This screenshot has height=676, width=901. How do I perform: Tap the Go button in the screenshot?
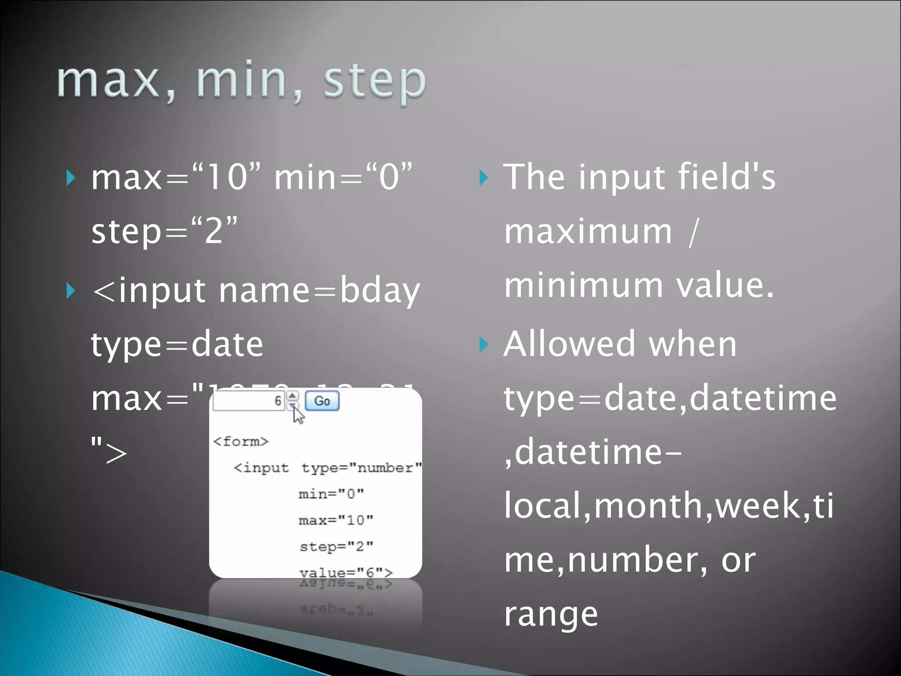[322, 401]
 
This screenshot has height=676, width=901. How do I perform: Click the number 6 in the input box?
[278, 401]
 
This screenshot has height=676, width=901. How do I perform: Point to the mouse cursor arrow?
[298, 415]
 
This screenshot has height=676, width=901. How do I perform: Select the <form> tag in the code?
[241, 441]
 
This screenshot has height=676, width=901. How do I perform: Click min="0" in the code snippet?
[331, 494]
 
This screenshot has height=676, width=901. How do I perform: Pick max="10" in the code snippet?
[336, 520]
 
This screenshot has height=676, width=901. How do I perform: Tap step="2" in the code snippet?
[336, 547]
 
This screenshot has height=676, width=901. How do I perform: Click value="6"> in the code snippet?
[346, 573]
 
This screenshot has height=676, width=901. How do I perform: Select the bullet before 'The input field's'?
[483, 178]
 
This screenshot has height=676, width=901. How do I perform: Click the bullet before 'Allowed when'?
[483, 345]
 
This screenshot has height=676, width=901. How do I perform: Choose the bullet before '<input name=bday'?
[70, 291]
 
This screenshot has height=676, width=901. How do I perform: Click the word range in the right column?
[551, 614]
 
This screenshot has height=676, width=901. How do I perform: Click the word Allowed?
[570, 344]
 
